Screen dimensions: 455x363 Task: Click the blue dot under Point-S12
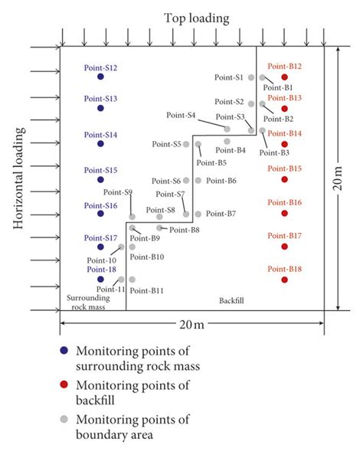100,77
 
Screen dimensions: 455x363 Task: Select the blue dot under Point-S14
100,143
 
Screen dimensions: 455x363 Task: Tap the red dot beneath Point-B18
285,280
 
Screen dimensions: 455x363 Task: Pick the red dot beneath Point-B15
285,179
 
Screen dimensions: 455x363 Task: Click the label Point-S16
100,205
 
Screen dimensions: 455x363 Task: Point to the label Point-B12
285,67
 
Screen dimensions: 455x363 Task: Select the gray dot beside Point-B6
198,181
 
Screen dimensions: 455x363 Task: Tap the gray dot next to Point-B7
198,214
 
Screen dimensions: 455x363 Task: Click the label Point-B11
147,290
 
